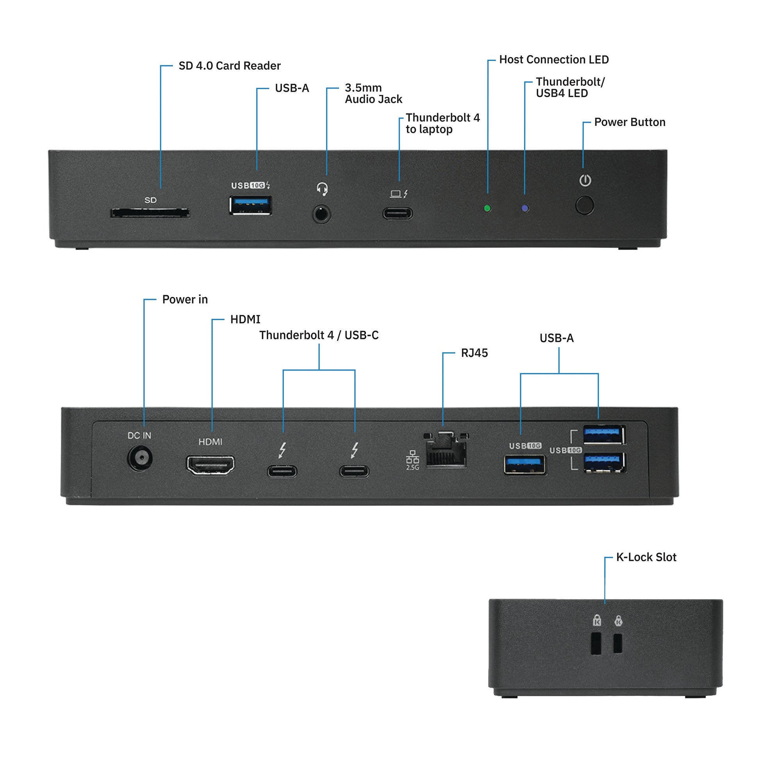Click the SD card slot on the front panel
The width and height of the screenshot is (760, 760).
150,213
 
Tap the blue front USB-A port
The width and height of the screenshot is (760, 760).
251,205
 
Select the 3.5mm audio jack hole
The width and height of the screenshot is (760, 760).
321,214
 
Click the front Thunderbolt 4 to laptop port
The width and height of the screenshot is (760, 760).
398,213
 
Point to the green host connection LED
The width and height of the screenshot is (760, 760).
487,208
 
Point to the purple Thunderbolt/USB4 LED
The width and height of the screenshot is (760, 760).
525,208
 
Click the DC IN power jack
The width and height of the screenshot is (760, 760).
140,458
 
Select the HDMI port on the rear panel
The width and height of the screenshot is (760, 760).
211,465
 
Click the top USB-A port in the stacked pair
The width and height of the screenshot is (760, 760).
604,435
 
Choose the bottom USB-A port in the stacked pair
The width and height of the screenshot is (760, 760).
604,462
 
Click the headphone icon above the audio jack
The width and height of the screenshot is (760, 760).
322,189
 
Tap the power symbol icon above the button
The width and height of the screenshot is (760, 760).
585,180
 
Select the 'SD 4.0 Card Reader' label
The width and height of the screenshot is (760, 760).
229,66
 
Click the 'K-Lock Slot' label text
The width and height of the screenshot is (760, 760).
646,557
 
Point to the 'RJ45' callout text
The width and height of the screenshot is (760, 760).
474,353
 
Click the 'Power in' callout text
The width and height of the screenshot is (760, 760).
185,300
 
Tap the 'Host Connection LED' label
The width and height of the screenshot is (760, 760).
553,59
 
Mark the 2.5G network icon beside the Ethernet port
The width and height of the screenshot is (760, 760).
412,460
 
